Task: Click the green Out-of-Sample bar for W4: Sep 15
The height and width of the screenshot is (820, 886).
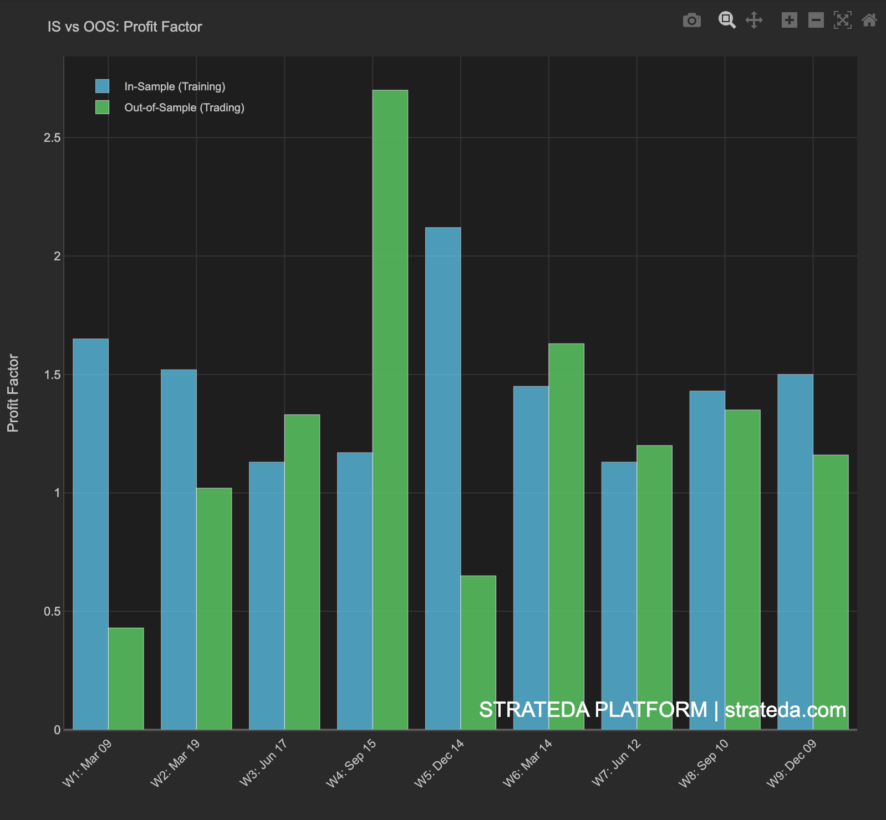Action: click(x=390, y=410)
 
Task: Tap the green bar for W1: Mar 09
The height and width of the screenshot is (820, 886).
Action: click(x=126, y=679)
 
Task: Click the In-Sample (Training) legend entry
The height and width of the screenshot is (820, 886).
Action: click(x=174, y=86)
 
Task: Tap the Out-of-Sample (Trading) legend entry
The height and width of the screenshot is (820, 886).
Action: click(x=184, y=107)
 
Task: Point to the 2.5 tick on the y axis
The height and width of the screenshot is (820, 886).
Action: click(x=52, y=138)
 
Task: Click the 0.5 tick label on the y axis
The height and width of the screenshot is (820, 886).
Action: click(x=52, y=612)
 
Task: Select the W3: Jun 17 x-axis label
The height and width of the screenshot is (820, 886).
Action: click(x=263, y=762)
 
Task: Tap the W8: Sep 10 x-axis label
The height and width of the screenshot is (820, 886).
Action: click(x=704, y=762)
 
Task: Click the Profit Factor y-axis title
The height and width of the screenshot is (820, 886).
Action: click(x=13, y=393)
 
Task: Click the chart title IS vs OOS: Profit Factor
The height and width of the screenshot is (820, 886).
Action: click(x=125, y=27)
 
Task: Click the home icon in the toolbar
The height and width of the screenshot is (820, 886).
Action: click(x=869, y=20)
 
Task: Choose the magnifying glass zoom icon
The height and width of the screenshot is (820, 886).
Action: click(x=726, y=20)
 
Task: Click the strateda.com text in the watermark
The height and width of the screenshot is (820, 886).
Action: click(x=785, y=710)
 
